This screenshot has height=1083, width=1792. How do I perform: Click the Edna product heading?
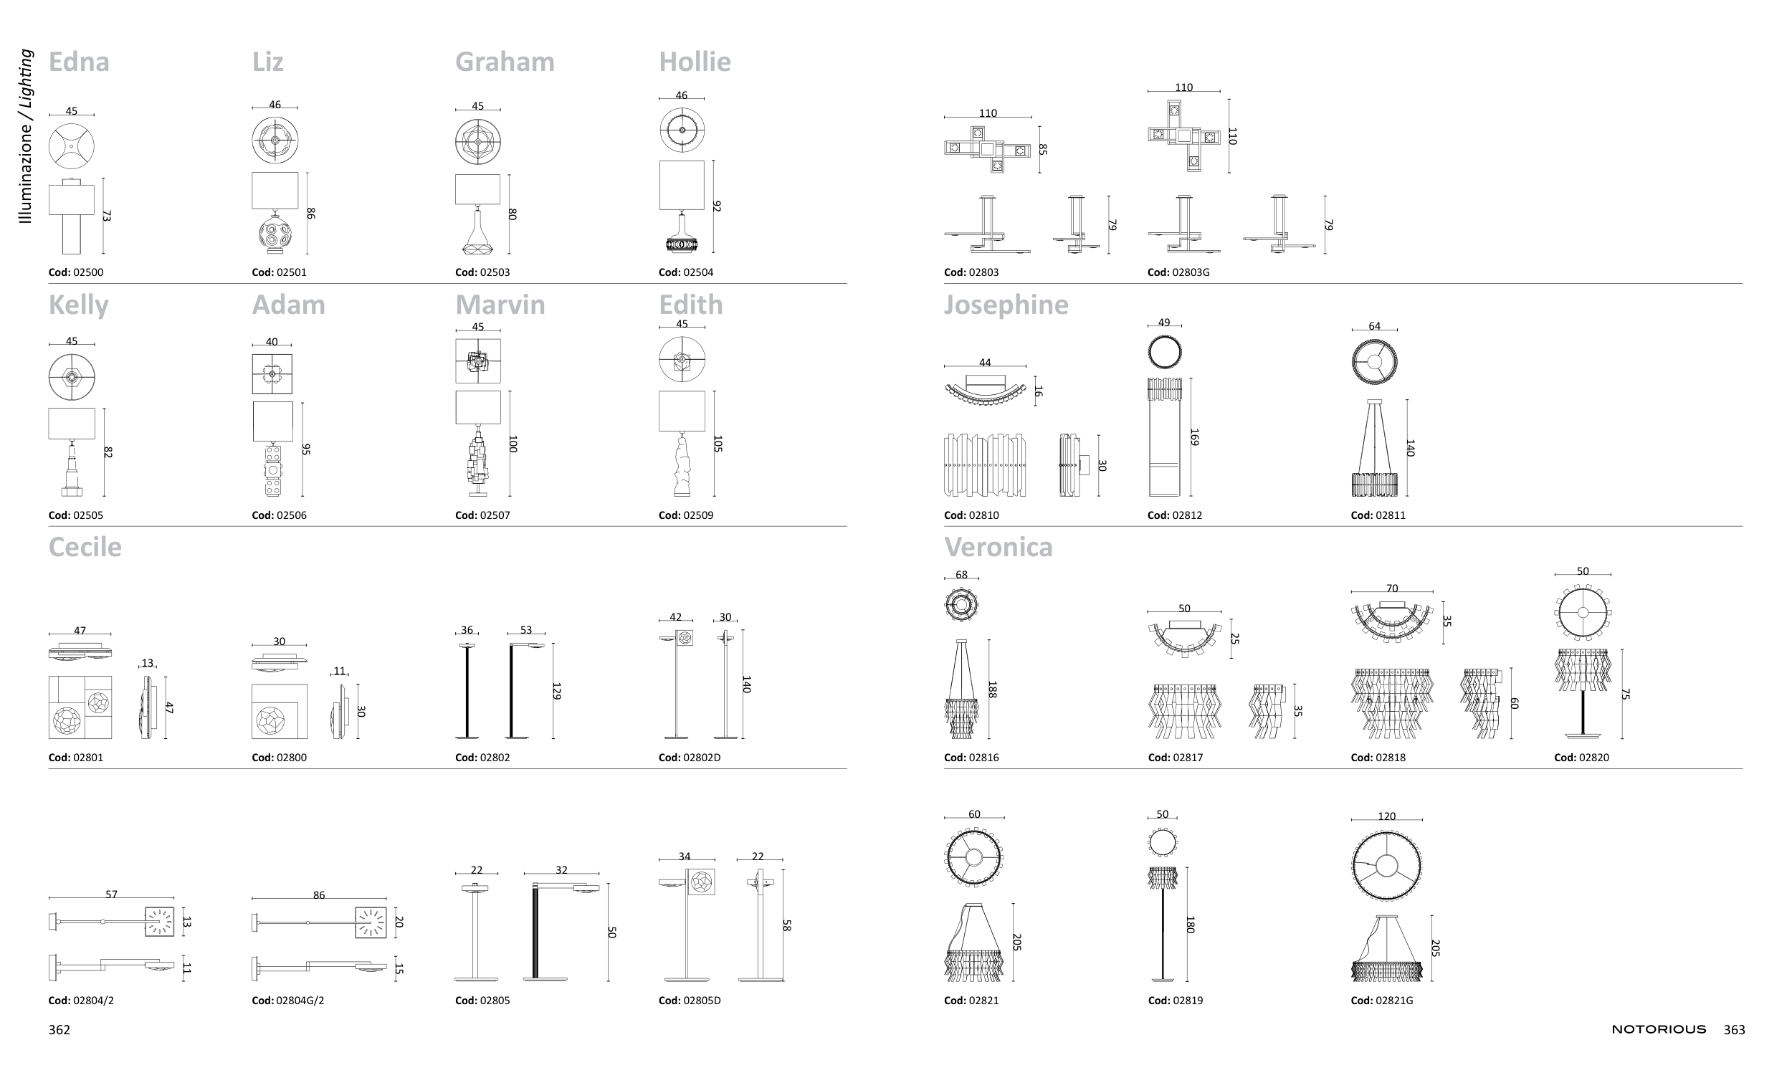tap(79, 62)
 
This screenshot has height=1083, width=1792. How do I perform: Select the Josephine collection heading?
tap(1006, 305)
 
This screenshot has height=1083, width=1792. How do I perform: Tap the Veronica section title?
tap(998, 547)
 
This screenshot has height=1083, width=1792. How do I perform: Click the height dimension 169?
tap(1194, 437)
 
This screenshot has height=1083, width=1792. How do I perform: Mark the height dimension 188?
tap(992, 690)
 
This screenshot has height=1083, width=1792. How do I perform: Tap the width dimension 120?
tap(1386, 816)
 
